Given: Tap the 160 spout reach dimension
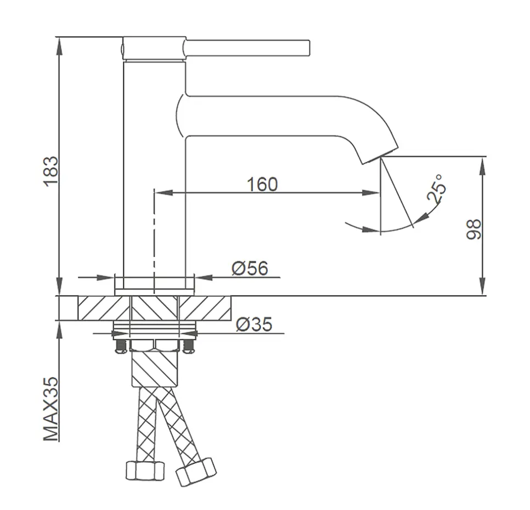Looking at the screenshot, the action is (x=262, y=184).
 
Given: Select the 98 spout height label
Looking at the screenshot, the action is (x=473, y=229).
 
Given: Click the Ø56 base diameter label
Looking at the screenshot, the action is (x=250, y=268).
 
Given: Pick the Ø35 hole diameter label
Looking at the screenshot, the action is (x=254, y=324).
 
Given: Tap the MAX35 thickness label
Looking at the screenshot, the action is (x=50, y=409).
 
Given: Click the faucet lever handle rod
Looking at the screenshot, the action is (x=247, y=48).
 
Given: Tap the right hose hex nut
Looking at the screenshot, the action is (x=196, y=472).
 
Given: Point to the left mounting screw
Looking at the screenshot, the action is (x=121, y=347).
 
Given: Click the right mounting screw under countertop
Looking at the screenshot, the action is (x=188, y=347).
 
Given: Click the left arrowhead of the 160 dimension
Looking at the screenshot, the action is (x=164, y=193).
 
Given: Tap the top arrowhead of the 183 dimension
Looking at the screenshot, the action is (x=59, y=46).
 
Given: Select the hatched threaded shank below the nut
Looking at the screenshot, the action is (x=155, y=368).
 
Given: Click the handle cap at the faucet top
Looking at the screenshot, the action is (x=154, y=49).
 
